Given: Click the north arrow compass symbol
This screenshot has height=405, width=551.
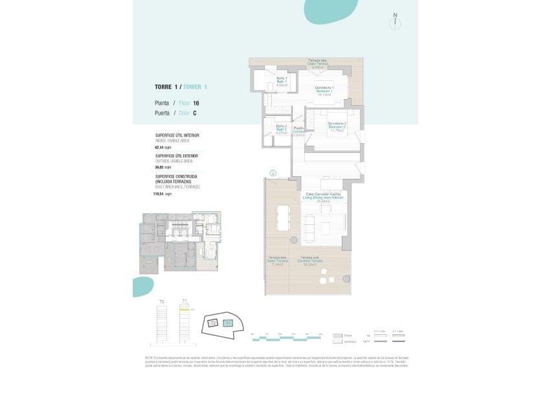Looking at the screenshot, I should [x=395, y=21].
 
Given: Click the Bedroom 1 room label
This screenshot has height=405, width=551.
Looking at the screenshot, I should [x=324, y=91].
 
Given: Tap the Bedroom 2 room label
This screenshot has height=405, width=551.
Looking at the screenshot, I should [x=337, y=126].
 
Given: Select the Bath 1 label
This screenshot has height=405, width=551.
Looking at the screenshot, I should [x=282, y=82].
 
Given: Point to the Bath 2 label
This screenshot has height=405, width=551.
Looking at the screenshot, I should [x=281, y=129].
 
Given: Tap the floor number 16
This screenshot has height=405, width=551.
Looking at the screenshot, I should [x=196, y=103].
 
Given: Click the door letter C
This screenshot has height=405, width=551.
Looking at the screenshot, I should [x=194, y=113].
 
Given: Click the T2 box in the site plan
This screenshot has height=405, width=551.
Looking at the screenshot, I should [x=212, y=323].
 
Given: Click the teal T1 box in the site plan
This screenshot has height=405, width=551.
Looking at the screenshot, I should [x=227, y=323].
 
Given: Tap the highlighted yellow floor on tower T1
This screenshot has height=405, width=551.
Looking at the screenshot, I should [x=185, y=310].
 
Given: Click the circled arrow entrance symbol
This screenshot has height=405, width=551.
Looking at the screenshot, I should [x=273, y=172].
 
